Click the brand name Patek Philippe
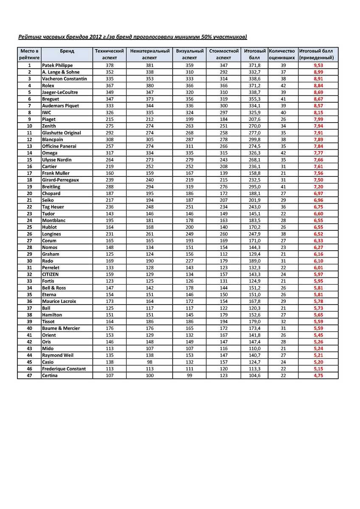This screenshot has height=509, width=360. (x=57, y=65)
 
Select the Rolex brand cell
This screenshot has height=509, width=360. (x=48, y=86)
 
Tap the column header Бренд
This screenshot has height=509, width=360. (x=67, y=51)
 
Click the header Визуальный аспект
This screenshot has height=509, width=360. (x=189, y=54)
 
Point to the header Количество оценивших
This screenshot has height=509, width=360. (x=282, y=54)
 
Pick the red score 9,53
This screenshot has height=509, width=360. (x=318, y=65)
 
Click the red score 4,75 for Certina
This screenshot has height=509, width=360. (x=318, y=375)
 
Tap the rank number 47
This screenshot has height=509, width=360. (x=29, y=375)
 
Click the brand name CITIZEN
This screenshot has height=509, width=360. (x=51, y=274)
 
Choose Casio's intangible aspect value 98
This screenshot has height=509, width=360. (x=150, y=362)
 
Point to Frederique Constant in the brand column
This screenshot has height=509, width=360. (x=64, y=369)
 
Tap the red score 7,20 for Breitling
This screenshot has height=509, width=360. (x=318, y=187)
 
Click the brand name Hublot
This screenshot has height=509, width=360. (x=49, y=227)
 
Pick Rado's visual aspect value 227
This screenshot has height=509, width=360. (x=189, y=261)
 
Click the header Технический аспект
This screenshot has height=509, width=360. (x=109, y=54)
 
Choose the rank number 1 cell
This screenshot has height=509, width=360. (x=29, y=65)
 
